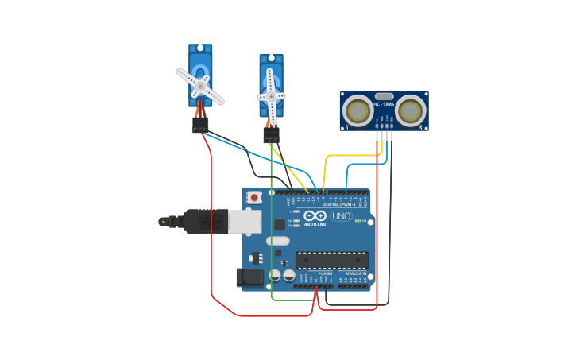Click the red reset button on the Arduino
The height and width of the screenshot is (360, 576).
pyautogui.click(x=253, y=197)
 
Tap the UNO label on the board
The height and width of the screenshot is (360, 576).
pyautogui.click(x=341, y=216)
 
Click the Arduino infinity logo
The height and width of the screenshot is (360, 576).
pyautogui.click(x=315, y=215)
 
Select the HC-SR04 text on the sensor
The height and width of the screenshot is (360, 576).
pyautogui.click(x=385, y=104)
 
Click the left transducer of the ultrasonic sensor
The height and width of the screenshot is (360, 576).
pyautogui.click(x=358, y=111)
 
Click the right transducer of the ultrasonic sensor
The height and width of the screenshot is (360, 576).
pyautogui.click(x=410, y=111)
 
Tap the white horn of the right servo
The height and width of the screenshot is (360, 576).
pyautogui.click(x=271, y=96)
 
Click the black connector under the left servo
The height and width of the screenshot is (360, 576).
pyautogui.click(x=200, y=126)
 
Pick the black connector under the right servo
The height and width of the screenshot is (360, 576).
pyautogui.click(x=272, y=135)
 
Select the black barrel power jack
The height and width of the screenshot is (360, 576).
pyautogui.click(x=249, y=277)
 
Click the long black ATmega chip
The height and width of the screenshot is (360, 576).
pyautogui.click(x=332, y=260)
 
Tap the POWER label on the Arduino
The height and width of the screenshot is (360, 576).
pyautogui.click(x=326, y=273)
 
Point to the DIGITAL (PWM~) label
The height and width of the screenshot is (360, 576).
pyautogui.click(x=341, y=204)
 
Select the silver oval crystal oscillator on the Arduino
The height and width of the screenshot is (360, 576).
pyautogui.click(x=278, y=241)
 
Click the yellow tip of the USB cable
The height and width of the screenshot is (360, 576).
pyautogui.click(x=164, y=221)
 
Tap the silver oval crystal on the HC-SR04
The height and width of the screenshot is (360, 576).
pyautogui.click(x=385, y=96)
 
